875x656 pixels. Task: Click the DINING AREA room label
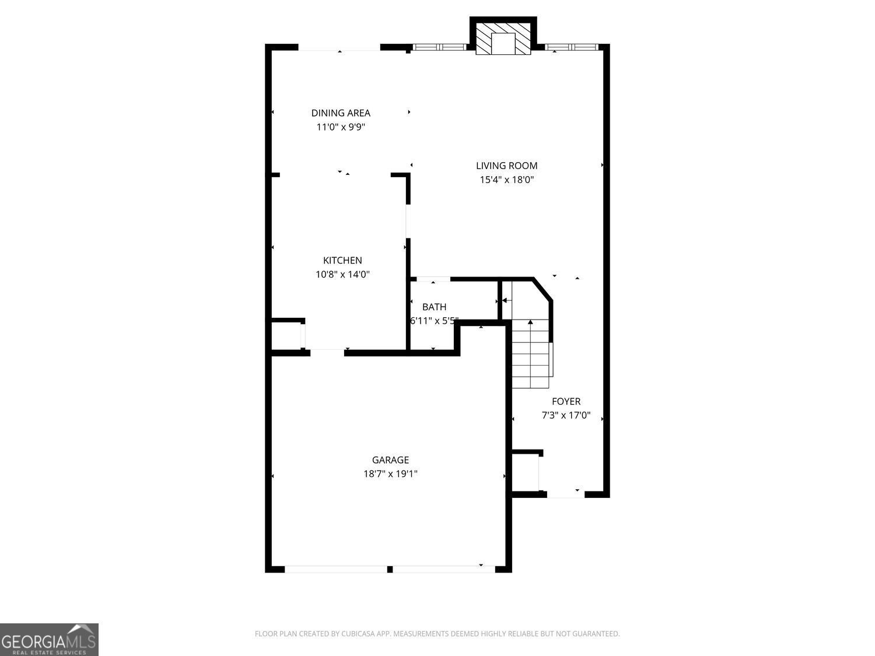(341, 113)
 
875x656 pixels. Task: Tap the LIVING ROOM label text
(506, 166)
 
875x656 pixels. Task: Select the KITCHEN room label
(342, 261)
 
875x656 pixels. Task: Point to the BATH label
(434, 307)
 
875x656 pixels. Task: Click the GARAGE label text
(390, 460)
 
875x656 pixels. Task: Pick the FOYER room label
(566, 401)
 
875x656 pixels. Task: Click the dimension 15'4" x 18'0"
(506, 180)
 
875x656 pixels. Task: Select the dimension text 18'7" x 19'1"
(390, 474)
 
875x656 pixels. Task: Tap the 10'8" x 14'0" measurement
(342, 275)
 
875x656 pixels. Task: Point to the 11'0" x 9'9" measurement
(341, 127)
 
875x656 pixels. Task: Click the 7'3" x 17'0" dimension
(566, 415)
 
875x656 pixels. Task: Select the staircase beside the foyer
(531, 353)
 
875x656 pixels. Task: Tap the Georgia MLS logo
(49, 639)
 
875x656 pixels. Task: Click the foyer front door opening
(565, 494)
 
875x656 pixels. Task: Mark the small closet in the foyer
(525, 473)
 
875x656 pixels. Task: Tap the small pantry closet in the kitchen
(286, 336)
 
